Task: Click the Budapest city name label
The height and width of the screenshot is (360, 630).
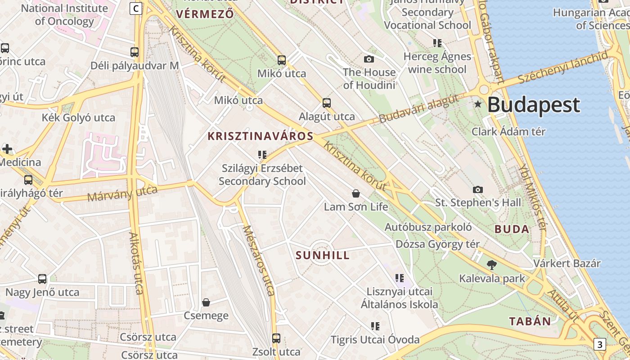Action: [534, 105]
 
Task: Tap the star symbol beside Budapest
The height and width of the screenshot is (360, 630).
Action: [478, 104]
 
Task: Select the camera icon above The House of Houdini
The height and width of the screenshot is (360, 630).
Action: [369, 59]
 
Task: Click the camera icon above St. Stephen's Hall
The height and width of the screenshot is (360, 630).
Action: [478, 189]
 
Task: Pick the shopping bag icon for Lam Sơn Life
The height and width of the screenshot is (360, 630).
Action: [356, 193]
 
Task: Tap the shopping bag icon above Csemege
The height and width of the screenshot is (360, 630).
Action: [206, 302]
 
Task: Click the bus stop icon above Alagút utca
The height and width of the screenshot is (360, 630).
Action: [327, 103]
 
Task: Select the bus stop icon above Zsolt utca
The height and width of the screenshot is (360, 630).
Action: [276, 338]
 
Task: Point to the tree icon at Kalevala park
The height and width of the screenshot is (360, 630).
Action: [492, 265]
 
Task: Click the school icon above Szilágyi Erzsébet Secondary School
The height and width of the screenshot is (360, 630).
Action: [262, 155]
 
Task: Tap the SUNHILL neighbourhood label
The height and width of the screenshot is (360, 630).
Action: [322, 256]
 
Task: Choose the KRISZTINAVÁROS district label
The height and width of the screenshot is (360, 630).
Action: [260, 135]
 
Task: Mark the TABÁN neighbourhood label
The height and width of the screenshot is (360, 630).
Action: [530, 321]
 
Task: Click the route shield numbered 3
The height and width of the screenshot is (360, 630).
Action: [599, 345]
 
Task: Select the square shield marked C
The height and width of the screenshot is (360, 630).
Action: [136, 8]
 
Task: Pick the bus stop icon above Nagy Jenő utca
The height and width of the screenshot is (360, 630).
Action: [42, 279]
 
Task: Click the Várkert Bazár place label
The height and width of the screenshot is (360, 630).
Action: [567, 263]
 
